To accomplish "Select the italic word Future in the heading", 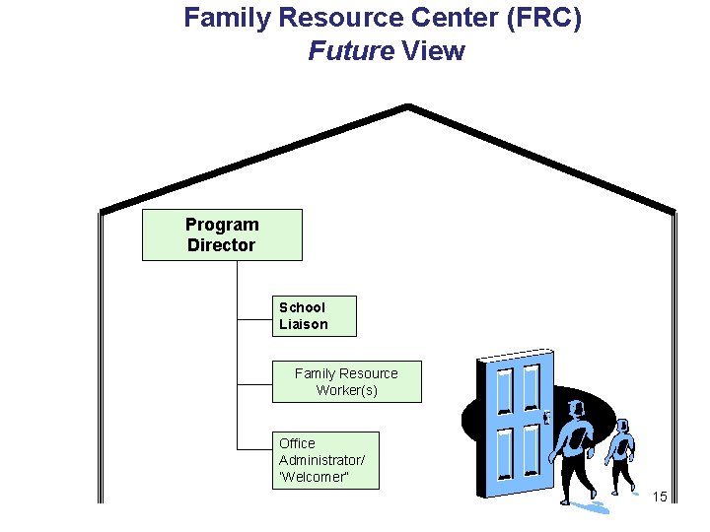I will (x=350, y=51).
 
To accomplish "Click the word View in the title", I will (x=433, y=51).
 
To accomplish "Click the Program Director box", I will (x=222, y=234).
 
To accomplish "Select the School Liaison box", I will (x=314, y=316).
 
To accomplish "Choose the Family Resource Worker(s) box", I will (x=346, y=381).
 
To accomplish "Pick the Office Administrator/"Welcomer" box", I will (x=324, y=460).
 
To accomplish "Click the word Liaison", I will (x=304, y=324).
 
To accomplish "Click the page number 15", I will (x=660, y=496).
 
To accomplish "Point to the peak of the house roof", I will (x=408, y=106).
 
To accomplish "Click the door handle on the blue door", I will (x=545, y=418).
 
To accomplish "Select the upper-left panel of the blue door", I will (x=505, y=390).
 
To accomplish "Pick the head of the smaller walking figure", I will (x=621, y=428).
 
